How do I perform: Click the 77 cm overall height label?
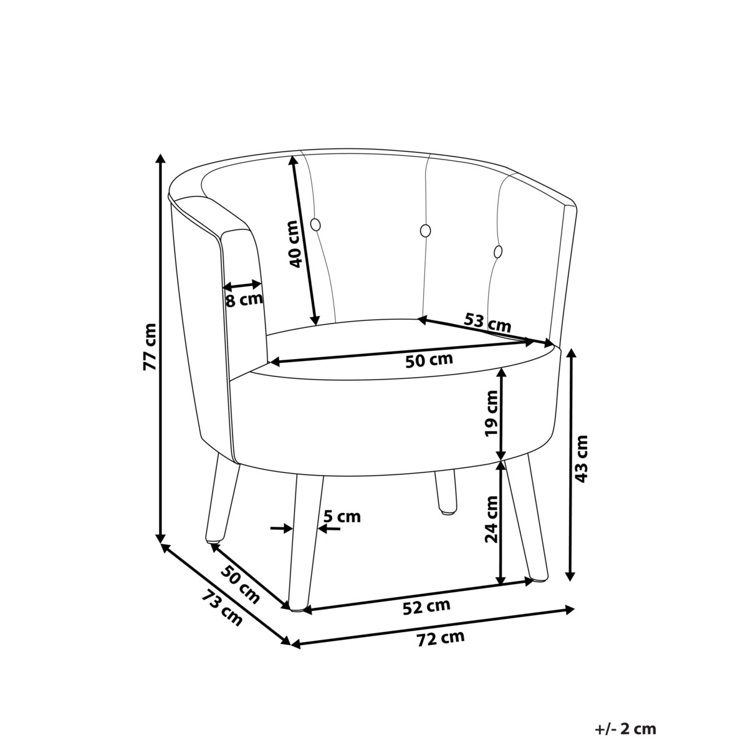coord(150,346)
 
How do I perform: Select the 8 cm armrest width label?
coord(244,300)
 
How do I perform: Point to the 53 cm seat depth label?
coord(487,322)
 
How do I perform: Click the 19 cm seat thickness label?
coord(491,414)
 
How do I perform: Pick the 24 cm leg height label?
coord(491,519)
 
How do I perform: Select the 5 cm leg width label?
coord(342,517)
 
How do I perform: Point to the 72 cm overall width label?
coord(441,638)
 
